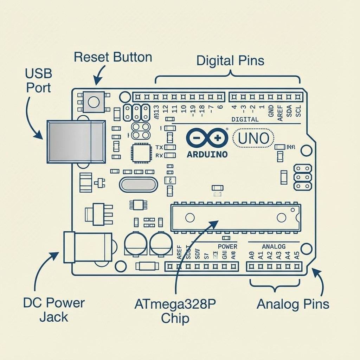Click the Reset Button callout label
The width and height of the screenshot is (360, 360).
[x=113, y=57]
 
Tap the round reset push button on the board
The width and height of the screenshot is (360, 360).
[x=94, y=102]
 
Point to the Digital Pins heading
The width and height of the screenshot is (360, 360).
[x=230, y=60]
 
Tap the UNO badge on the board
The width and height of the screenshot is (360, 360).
[x=253, y=138]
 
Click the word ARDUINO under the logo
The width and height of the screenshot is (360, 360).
[x=207, y=154]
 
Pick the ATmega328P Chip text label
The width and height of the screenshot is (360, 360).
[x=175, y=311]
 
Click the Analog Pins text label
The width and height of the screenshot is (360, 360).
[x=293, y=304]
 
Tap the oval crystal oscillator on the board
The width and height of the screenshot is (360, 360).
[x=138, y=184]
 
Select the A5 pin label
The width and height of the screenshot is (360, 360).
[x=297, y=256]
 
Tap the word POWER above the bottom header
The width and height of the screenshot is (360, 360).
[x=227, y=246]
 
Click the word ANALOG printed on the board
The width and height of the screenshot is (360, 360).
[x=274, y=246]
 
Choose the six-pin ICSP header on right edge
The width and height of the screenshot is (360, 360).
[x=302, y=177]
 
